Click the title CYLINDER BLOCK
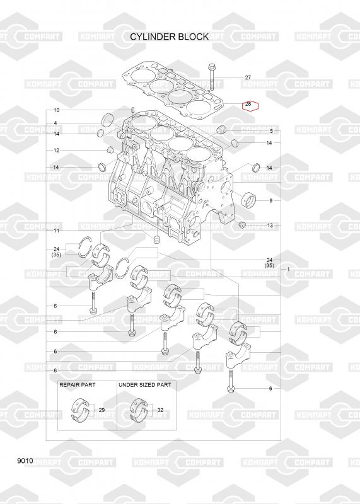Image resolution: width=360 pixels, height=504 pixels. (x=169, y=37)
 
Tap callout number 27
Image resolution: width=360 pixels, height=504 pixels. (x=248, y=77)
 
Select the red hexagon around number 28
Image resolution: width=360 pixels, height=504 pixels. (x=250, y=105)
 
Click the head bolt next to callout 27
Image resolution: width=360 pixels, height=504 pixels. (x=212, y=76)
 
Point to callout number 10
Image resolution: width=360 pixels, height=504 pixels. (x=56, y=110)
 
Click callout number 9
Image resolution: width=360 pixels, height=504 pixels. (x=271, y=200)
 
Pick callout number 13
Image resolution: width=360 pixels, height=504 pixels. (x=270, y=226)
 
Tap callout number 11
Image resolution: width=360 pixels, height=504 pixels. (x=56, y=231)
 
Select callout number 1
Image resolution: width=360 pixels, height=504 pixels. (x=288, y=269)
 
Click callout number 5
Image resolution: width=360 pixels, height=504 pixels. (x=271, y=131)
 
